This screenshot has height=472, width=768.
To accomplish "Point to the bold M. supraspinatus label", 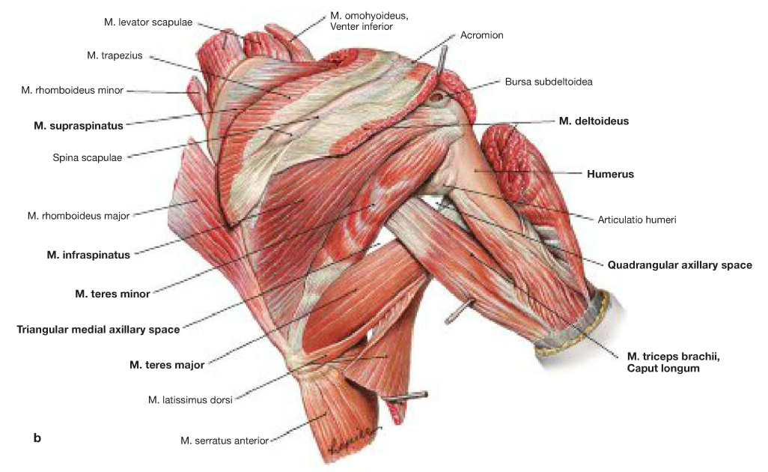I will coord(78,125).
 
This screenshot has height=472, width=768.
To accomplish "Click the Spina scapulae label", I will coord(87,157).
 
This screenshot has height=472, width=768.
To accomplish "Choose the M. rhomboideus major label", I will coord(79,216).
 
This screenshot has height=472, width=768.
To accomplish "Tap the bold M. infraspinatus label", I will coord(88,255).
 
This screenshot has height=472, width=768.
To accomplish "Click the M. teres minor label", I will coord(112,294).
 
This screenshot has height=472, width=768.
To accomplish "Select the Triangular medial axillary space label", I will coord(98,329).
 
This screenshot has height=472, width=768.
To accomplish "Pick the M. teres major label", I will coord(167,365).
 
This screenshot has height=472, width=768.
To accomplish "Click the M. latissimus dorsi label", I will coord(191,399).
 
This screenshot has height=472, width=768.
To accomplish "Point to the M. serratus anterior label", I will coord(224,441).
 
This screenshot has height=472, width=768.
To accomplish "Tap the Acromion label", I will coord(481,35).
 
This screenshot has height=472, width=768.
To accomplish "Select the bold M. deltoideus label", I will coord(594,120).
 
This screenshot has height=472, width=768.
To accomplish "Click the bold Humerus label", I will coord(610,174).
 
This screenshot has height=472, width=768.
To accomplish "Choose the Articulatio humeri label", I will coord(636,220).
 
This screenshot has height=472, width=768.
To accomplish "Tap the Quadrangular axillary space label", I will coord(679,264).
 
